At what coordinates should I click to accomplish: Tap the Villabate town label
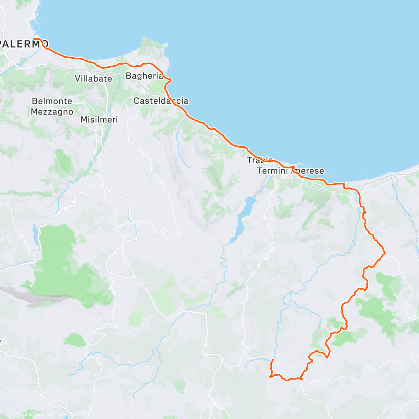[x=93, y=79]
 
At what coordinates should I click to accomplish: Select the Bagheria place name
[x=144, y=76]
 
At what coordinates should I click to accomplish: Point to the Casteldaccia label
[x=161, y=101]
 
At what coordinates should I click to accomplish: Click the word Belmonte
[x=52, y=101]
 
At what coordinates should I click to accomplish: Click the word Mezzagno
[x=52, y=112]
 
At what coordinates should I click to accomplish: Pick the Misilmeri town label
[x=99, y=120]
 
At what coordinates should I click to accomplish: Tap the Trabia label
[x=259, y=160]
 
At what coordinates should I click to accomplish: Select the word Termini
[x=273, y=171]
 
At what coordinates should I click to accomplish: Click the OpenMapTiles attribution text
[x=36, y=414]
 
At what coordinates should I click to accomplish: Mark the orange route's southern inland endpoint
[x=272, y=360]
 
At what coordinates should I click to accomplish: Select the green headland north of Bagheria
[x=154, y=49]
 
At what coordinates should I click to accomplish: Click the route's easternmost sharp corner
[x=384, y=253]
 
